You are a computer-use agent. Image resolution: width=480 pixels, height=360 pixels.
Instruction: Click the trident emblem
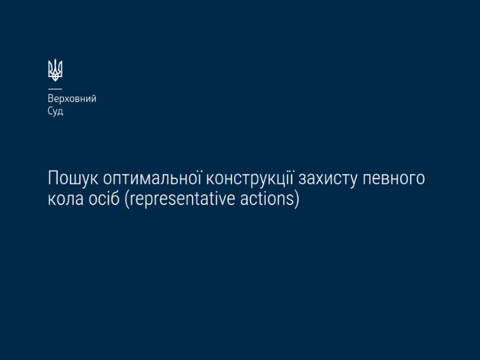55,70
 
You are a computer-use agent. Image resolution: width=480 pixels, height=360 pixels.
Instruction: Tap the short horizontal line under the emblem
55,89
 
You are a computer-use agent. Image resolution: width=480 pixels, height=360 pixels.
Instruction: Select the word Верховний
72,99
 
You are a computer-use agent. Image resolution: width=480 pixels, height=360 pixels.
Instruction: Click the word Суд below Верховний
55,111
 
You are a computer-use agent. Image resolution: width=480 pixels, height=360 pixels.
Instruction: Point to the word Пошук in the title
73,178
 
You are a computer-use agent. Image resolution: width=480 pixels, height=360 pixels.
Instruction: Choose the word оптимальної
152,177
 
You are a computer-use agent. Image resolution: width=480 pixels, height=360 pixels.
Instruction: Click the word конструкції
250,178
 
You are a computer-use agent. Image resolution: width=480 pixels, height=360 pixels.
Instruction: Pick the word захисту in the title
328,179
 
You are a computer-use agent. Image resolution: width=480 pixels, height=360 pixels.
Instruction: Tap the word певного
394,179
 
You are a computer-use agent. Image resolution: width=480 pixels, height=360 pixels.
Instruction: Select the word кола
66,199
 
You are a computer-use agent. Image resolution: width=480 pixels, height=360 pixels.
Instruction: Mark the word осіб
104,198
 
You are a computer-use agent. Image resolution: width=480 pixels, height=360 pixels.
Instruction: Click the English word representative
183,199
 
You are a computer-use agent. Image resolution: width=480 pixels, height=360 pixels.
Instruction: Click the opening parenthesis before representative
127,199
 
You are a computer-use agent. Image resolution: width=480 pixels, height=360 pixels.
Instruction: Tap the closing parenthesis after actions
297,199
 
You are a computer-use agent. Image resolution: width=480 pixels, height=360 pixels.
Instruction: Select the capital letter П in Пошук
53,178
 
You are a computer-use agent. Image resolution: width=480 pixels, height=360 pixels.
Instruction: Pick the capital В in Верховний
51,98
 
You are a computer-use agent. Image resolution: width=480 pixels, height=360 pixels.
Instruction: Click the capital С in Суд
51,111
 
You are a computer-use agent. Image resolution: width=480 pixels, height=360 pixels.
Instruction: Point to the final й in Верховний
94,98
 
